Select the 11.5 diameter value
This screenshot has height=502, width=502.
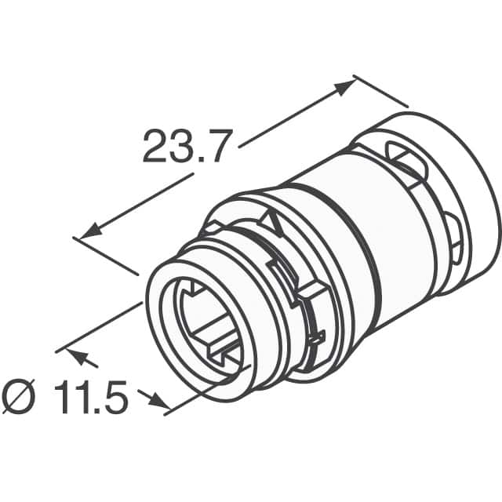[91, 398]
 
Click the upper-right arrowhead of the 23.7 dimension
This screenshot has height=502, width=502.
[345, 85]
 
